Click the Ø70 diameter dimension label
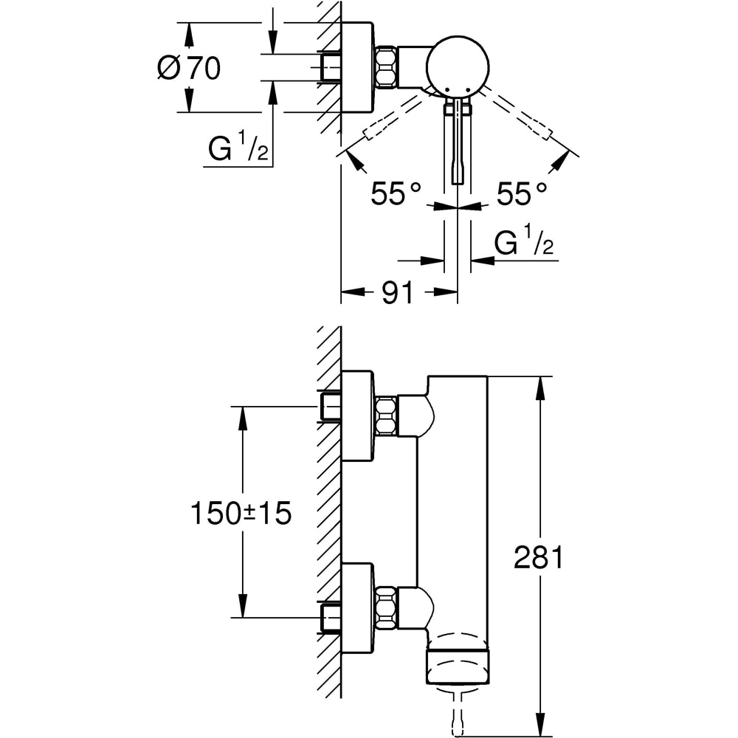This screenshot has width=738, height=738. coord(189,69)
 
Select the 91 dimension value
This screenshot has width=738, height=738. coord(398,293)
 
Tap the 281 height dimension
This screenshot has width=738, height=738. coord(539,558)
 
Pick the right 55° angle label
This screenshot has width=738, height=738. coord(522,195)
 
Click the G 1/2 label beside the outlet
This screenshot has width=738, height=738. coord(524,244)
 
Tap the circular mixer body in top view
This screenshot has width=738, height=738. coord(458,66)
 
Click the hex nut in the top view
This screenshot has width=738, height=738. coord(387,68)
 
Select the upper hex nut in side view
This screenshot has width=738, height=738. coord(386,415)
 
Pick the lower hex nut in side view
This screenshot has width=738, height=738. coord(386,608)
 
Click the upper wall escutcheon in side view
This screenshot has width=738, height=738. coord(358,415)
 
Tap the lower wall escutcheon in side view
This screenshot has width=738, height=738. coord(358,608)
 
